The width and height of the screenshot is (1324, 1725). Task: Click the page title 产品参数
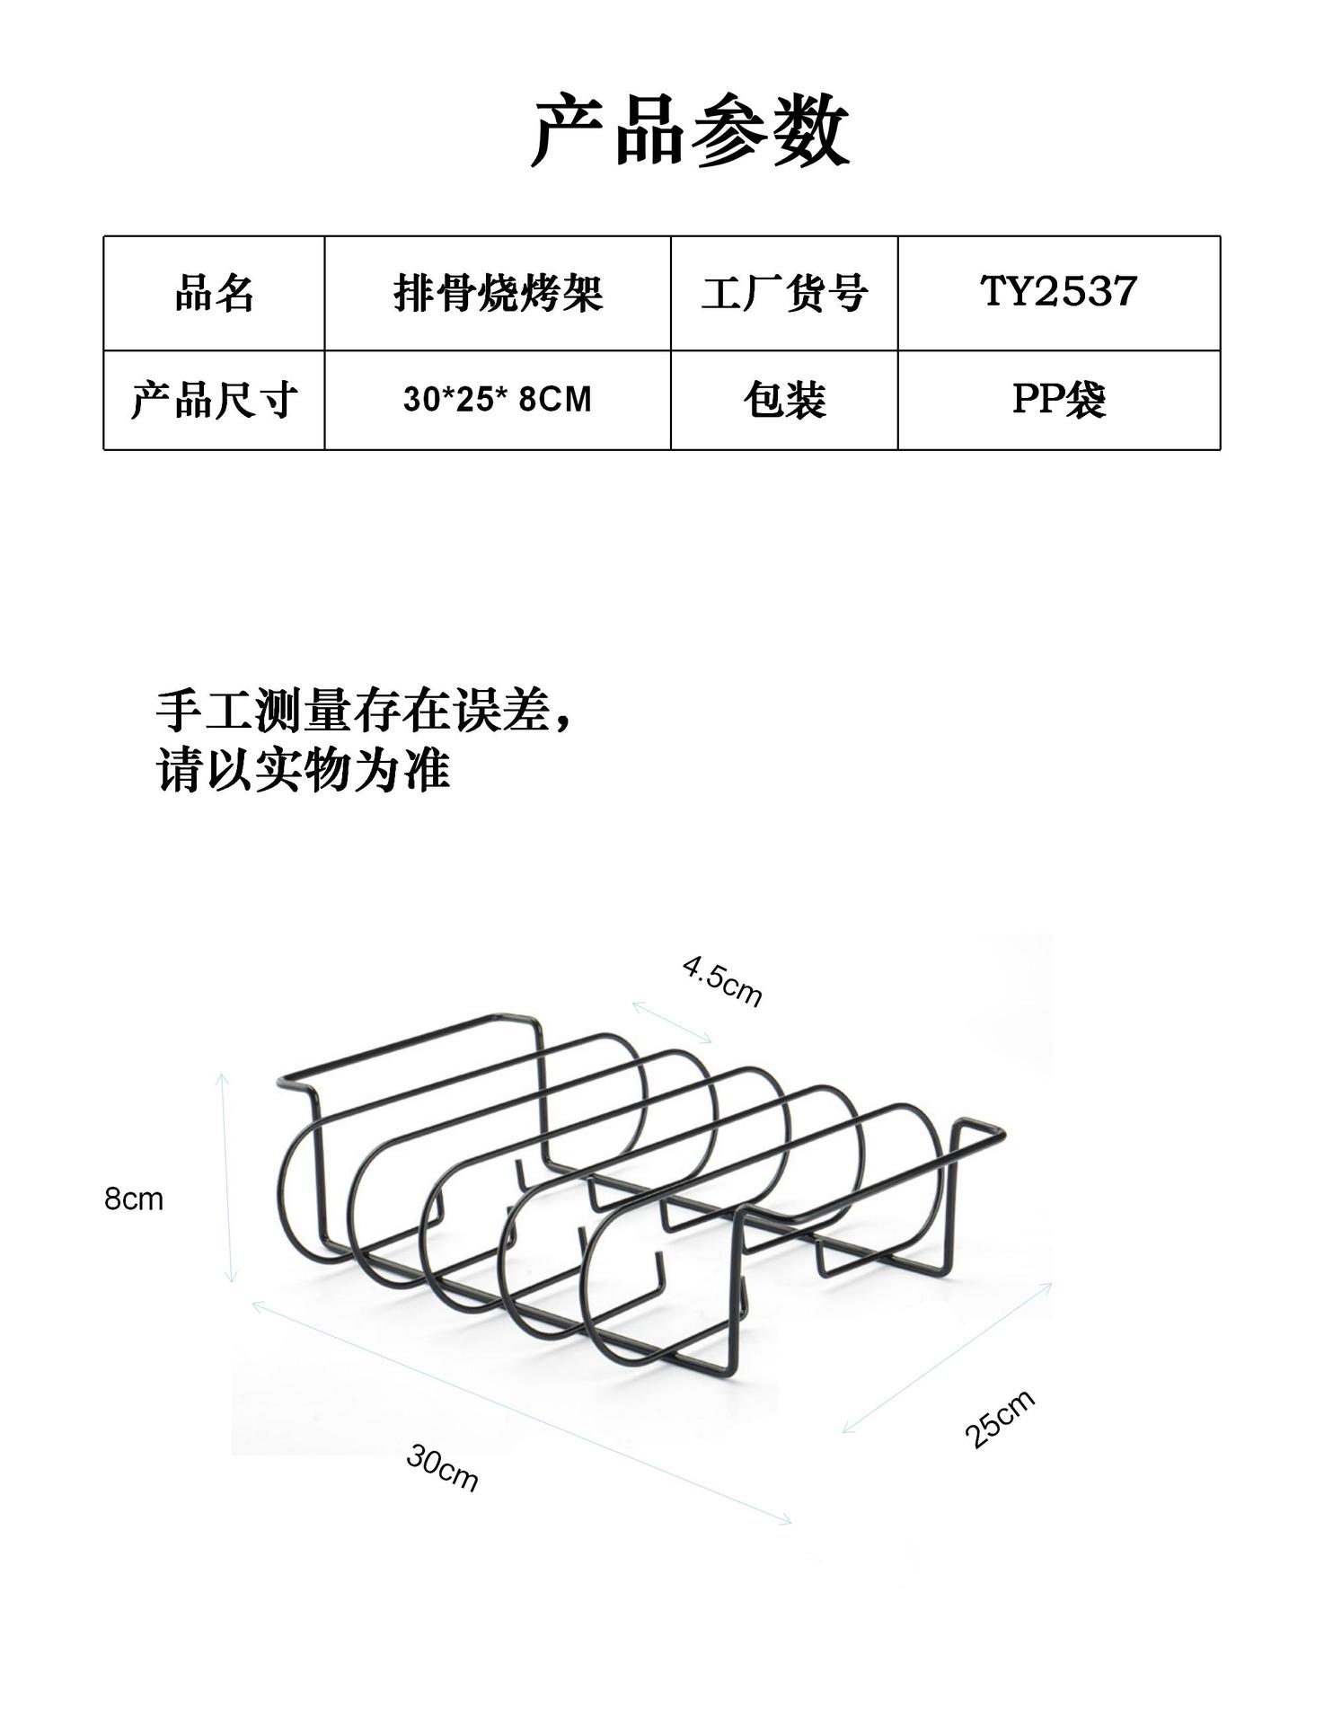[690, 132]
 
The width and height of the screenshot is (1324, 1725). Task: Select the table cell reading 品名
[214, 294]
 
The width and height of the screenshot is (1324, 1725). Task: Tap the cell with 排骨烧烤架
[498, 294]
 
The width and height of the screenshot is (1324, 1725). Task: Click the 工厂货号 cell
[784, 294]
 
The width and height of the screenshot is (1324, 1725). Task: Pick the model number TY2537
[1058, 292]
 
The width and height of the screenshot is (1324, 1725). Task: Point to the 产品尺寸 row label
[214, 400]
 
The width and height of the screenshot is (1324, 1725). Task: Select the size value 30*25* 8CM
[498, 400]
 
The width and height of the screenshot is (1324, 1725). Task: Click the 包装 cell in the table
[784, 400]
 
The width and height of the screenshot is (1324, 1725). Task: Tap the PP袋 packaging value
[1058, 400]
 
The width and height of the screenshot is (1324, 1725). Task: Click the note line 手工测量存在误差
[364, 712]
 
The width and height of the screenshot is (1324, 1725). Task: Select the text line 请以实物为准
[303, 770]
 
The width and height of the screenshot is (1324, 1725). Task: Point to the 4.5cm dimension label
[722, 981]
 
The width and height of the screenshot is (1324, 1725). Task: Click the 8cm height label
[134, 1199]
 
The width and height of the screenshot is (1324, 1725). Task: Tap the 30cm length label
[442, 1467]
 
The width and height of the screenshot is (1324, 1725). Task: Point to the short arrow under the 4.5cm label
[671, 1022]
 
